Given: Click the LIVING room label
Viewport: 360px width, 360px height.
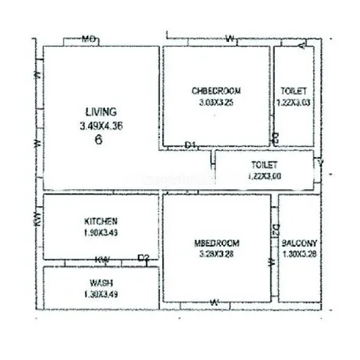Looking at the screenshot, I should (97, 113).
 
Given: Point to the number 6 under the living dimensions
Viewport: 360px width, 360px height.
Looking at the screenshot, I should (99, 140).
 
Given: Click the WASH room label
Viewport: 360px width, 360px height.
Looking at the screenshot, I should (100, 283).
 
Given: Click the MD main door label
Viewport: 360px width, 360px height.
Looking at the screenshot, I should (89, 38).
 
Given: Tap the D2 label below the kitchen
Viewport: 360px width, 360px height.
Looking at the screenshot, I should (143, 259).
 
